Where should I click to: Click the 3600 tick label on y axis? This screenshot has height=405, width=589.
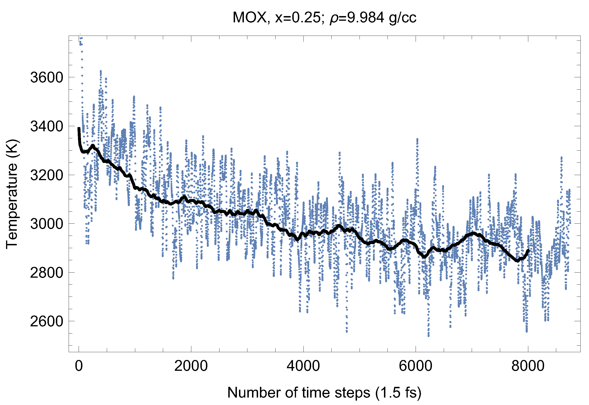(x=46, y=78)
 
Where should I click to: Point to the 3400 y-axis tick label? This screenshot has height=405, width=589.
(x=46, y=126)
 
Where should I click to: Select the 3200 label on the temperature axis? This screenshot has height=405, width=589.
(x=46, y=175)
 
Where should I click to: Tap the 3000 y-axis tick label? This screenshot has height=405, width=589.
(x=46, y=224)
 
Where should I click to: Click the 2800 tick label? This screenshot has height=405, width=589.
(x=46, y=273)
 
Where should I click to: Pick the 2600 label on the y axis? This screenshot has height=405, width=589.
(x=46, y=321)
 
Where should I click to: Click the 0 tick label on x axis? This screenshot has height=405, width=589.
(x=79, y=366)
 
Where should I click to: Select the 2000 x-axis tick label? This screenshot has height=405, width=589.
(x=191, y=366)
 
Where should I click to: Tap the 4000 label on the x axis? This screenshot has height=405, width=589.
(x=303, y=366)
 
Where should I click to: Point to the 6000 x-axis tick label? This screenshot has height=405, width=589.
(x=415, y=366)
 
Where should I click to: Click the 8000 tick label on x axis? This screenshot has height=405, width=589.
(x=528, y=366)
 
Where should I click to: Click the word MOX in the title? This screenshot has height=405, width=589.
(x=250, y=17)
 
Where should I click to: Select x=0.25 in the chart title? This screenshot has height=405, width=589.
(x=298, y=17)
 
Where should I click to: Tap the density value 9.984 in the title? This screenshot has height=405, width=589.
(x=365, y=17)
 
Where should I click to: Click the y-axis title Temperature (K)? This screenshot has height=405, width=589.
(x=12, y=194)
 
